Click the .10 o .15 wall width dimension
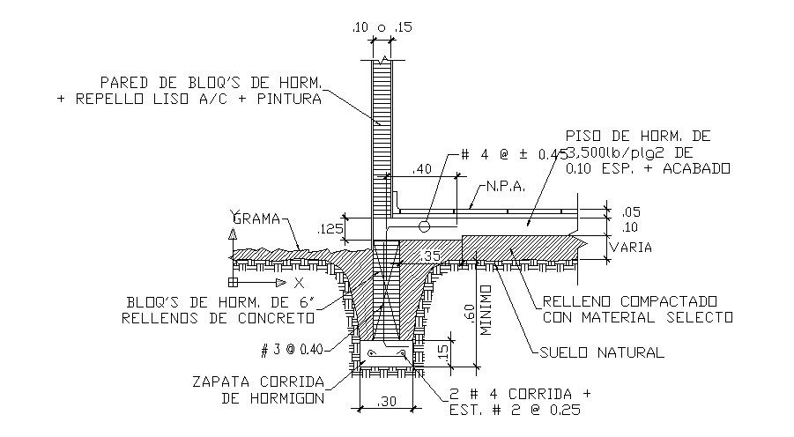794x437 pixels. pyautogui.click(x=382, y=28)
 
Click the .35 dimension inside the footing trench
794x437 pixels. pyautogui.click(x=431, y=256)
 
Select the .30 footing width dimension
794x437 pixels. pyautogui.click(x=387, y=403)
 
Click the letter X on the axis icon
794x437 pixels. pyautogui.click(x=299, y=284)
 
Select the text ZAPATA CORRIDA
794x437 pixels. pyautogui.click(x=256, y=381)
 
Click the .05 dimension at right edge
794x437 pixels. pyautogui.click(x=631, y=212)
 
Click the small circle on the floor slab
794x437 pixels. pyautogui.click(x=424, y=226)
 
